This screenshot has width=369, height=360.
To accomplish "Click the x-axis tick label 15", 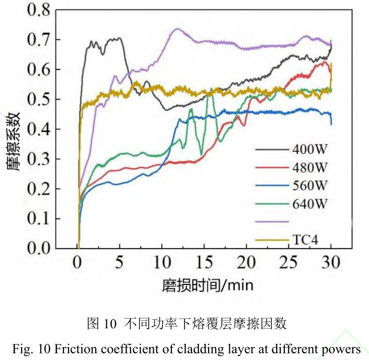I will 204,263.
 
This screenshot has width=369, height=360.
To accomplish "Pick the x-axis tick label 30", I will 331,263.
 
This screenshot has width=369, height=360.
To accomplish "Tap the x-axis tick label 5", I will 120,263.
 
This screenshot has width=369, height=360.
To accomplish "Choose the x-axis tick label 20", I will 247,263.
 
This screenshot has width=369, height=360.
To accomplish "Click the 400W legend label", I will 310,150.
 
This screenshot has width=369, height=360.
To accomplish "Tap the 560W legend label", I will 310,186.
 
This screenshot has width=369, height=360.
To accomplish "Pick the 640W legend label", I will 310,203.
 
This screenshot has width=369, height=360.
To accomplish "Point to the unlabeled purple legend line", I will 272,222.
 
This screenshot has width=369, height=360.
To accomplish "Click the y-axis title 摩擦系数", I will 15,141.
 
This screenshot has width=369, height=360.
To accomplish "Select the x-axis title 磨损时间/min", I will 208,285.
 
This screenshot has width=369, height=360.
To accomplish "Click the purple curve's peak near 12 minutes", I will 177,29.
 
